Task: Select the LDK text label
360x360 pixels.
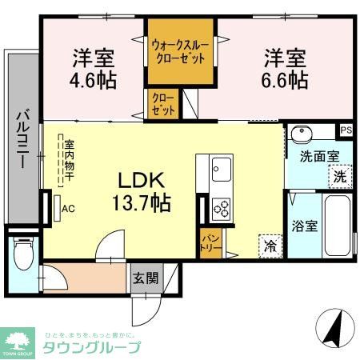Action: [144, 177]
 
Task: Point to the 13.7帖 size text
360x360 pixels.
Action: [145, 202]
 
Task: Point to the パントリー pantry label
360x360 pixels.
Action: [210, 239]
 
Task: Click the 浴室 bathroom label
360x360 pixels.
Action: [305, 226]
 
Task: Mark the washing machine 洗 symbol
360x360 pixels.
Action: [339, 177]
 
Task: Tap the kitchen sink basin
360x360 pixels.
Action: [221, 169]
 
